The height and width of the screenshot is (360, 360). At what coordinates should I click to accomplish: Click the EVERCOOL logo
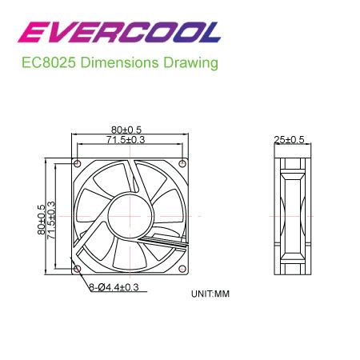coord(119,32)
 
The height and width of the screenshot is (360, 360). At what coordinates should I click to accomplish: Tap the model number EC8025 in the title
coord(48,62)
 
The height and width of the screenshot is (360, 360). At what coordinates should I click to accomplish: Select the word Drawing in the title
coord(190,63)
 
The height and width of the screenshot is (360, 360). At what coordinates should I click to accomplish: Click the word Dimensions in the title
coord(119,62)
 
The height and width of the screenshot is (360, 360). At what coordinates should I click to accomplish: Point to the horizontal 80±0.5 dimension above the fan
coord(126,130)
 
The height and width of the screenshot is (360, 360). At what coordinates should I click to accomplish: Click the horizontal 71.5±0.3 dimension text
coord(126,139)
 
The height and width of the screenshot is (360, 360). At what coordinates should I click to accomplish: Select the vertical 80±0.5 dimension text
coord(42,220)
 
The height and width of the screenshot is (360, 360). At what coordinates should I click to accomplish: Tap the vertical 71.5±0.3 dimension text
coord(51,220)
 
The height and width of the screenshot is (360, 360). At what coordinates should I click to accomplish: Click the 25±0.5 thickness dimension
coord(289,139)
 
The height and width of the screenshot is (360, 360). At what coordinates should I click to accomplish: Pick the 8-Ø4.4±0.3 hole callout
coord(114,287)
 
